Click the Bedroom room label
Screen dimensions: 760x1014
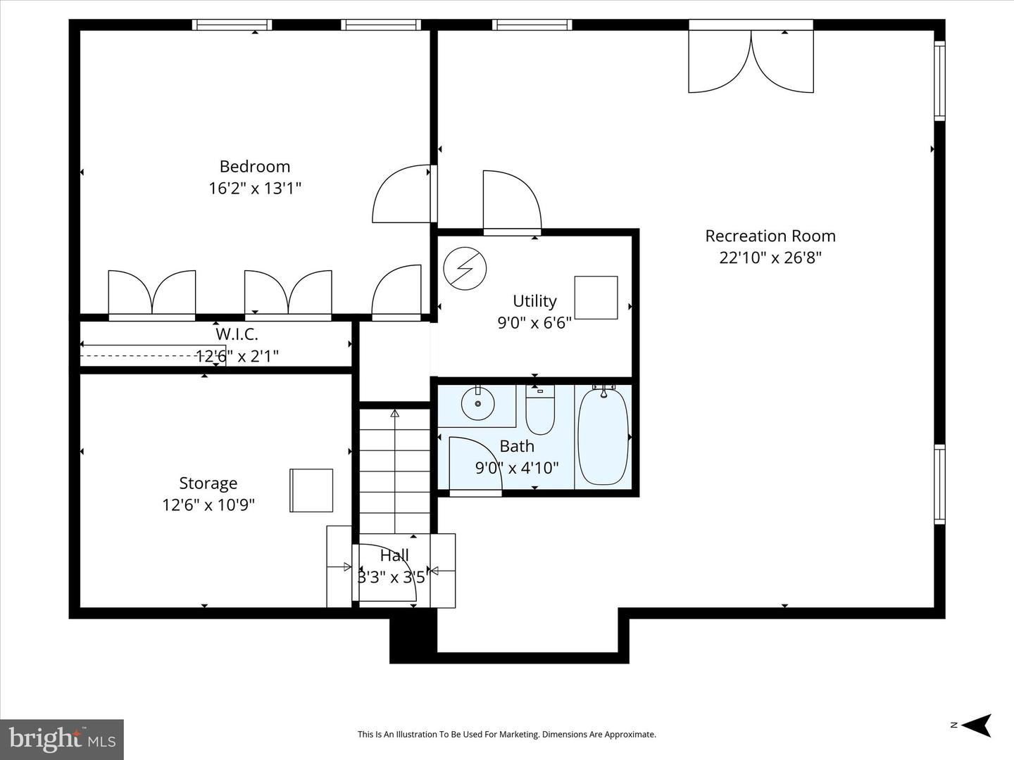pyautogui.click(x=254, y=167)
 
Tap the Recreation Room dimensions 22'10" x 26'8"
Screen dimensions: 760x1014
pyautogui.click(x=770, y=258)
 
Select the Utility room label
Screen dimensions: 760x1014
pyautogui.click(x=534, y=301)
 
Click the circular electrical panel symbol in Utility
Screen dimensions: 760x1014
pyautogui.click(x=465, y=268)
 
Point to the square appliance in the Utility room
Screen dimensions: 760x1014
pyautogui.click(x=596, y=298)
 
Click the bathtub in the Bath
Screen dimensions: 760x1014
pyautogui.click(x=603, y=436)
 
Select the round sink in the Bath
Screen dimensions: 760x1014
pyautogui.click(x=477, y=404)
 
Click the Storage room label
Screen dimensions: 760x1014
pyautogui.click(x=208, y=483)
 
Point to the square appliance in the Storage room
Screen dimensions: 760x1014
pyautogui.click(x=311, y=490)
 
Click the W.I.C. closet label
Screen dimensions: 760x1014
pyautogui.click(x=237, y=334)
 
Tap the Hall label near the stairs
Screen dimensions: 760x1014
pyautogui.click(x=394, y=556)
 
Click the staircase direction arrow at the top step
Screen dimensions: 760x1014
pyautogui.click(x=395, y=414)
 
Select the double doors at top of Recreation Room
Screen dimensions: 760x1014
pyautogui.click(x=751, y=62)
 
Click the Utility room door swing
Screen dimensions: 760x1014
pyautogui.click(x=512, y=201)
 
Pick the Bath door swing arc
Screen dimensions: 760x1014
pyautogui.click(x=475, y=464)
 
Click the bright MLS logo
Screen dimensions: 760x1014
pyautogui.click(x=62, y=739)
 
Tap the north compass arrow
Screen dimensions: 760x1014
pyautogui.click(x=977, y=725)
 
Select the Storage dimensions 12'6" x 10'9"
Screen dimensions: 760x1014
pyautogui.click(x=208, y=505)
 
